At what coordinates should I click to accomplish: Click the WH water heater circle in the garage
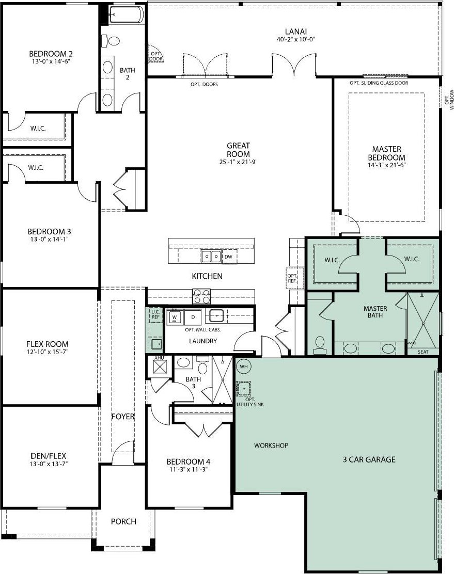pos(244,366)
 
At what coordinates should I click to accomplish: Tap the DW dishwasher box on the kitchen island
pos(229,257)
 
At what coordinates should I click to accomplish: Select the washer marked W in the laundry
pos(175,316)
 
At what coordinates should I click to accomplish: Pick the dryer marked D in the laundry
pos(193,316)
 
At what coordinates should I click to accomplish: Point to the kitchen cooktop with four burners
pos(201,296)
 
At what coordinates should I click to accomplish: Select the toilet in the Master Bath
pos(320,345)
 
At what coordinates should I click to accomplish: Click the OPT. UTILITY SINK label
pos(251,402)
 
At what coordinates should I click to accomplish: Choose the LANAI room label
pos(296,31)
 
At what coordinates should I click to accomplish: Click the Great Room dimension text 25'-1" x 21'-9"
pos(239,162)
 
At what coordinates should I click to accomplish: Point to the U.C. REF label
pos(155,314)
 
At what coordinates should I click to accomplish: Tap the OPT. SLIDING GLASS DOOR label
pos(379,83)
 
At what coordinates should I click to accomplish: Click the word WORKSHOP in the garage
pos(271,445)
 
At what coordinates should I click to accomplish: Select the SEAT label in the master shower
pos(423,352)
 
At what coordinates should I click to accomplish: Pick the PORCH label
pos(123,521)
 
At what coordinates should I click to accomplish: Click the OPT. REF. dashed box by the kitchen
pos(294,278)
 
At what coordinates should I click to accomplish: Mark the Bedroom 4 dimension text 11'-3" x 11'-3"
pos(189,469)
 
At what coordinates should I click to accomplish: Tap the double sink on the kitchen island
pos(211,257)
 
